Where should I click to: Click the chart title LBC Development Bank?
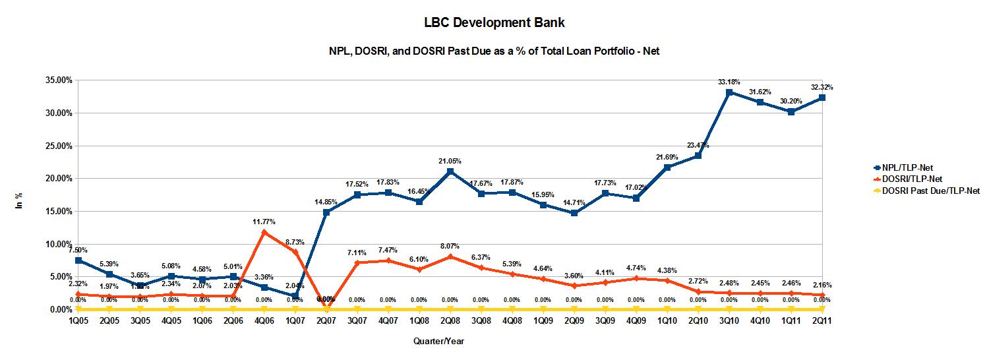click(x=494, y=23)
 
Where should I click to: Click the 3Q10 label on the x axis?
click(x=729, y=320)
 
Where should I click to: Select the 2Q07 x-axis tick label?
click(x=326, y=320)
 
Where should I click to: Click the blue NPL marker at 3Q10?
click(x=729, y=92)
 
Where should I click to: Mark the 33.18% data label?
click(x=729, y=82)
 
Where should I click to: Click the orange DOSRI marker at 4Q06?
click(x=264, y=232)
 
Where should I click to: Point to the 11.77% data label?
click(x=264, y=222)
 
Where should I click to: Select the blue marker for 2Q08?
click(x=450, y=171)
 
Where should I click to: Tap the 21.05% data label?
click(x=450, y=161)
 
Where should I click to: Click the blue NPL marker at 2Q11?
click(x=822, y=98)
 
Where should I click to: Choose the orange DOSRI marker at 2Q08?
click(x=450, y=256)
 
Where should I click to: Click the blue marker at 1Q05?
click(x=78, y=260)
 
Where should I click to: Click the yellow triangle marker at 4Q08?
click(x=512, y=309)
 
